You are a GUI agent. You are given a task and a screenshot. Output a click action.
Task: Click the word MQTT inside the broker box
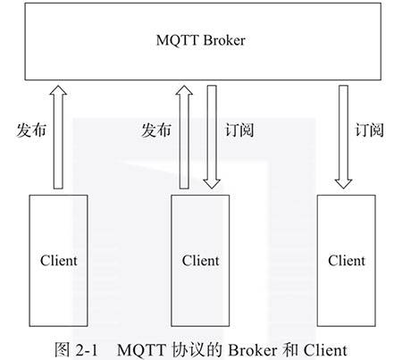click(x=177, y=40)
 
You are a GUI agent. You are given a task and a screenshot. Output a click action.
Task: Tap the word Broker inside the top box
click(x=224, y=40)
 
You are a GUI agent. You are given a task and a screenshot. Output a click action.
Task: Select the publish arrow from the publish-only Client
click(x=58, y=138)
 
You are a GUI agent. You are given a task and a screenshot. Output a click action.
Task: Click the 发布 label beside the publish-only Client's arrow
click(x=31, y=130)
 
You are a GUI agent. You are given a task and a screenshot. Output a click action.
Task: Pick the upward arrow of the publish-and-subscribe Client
click(x=184, y=138)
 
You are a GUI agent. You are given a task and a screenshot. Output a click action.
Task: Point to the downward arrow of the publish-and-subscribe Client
click(x=212, y=138)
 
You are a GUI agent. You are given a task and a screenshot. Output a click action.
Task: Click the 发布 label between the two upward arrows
click(x=156, y=130)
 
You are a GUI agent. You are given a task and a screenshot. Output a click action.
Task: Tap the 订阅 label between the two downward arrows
click(x=239, y=130)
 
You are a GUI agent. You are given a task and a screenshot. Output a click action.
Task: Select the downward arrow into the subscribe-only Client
click(x=344, y=138)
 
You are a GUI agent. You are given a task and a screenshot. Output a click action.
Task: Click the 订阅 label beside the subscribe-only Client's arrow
click(x=369, y=130)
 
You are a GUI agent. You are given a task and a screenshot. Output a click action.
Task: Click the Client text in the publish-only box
click(x=59, y=261)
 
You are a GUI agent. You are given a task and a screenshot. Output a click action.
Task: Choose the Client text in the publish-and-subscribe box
click(x=200, y=261)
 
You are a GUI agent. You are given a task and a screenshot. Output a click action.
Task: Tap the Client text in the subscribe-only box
click(x=347, y=261)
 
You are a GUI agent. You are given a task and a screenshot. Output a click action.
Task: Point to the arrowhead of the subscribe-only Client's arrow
click(x=344, y=184)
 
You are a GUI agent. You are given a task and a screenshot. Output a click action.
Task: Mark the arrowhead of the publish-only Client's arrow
click(x=58, y=90)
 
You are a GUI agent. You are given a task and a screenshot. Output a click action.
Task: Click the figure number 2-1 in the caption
click(x=87, y=350)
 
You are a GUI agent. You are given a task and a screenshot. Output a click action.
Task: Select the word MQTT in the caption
click(x=141, y=350)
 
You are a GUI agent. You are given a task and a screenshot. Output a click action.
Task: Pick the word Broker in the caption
click(x=253, y=350)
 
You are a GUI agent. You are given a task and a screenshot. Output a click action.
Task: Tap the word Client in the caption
click(x=325, y=350)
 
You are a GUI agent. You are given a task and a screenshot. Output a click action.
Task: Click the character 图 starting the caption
click(x=63, y=350)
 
